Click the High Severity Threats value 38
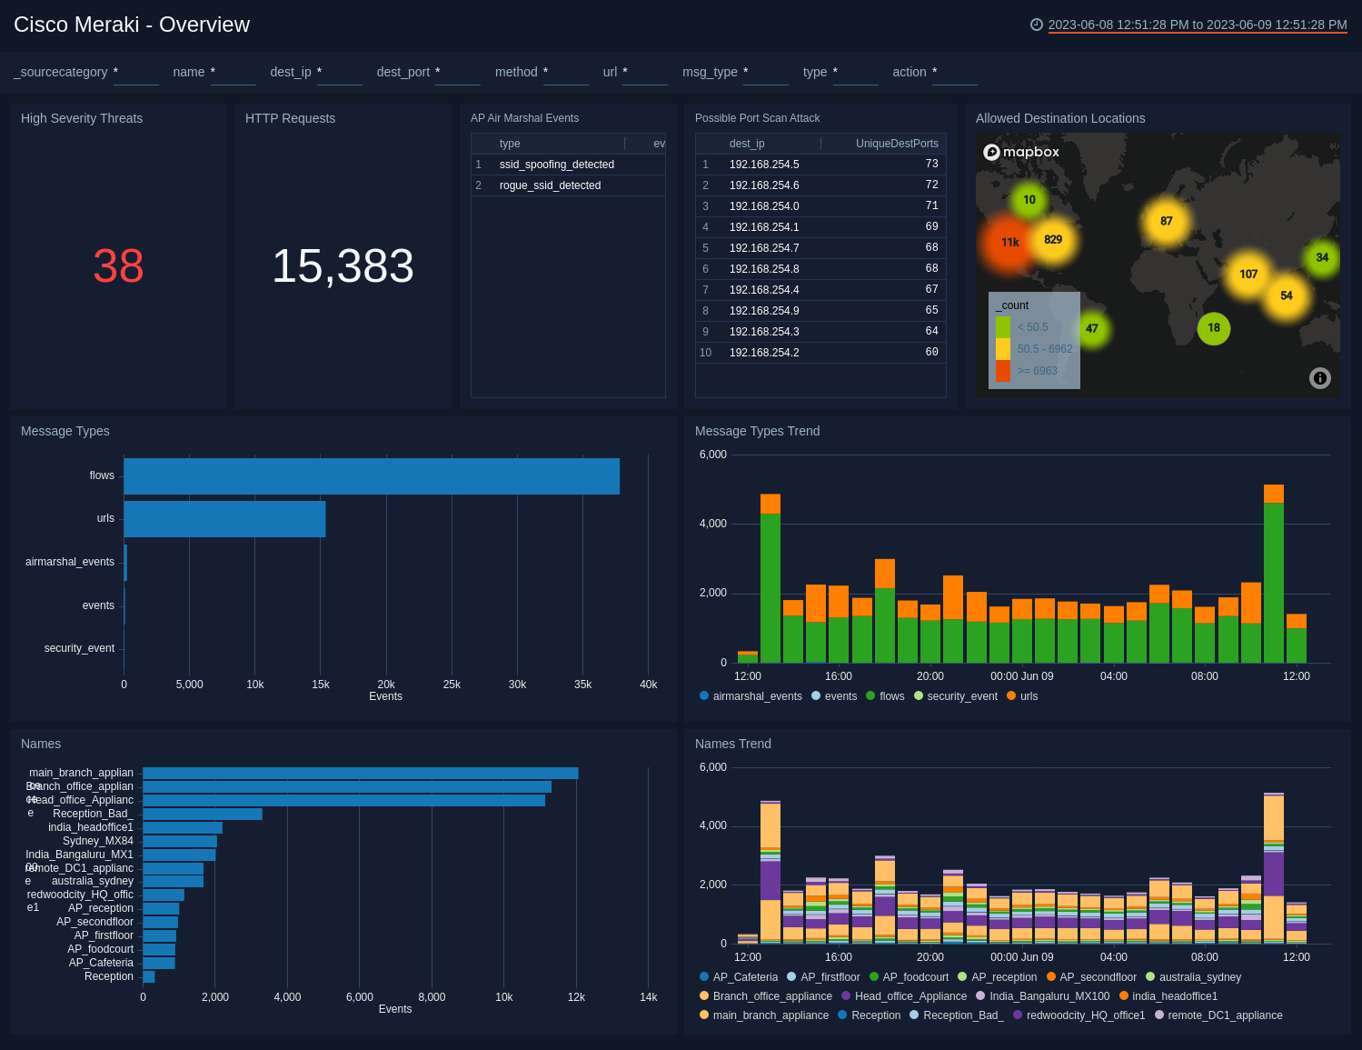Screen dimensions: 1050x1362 coord(118,266)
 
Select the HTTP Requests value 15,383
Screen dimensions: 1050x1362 coord(343,266)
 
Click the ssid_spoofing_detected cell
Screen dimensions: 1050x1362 coord(556,165)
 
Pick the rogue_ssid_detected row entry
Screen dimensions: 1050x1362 coord(550,185)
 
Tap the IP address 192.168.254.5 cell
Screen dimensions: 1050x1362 coord(764,165)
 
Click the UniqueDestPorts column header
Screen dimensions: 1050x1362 coord(896,144)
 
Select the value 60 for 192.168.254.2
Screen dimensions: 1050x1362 coord(931,352)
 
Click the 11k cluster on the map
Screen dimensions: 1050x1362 coord(1009,243)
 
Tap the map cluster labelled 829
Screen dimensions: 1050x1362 coord(1053,240)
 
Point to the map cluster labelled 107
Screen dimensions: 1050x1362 coord(1248,274)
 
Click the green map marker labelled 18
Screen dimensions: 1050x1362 coord(1214,328)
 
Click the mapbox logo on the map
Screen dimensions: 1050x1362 coord(1021,152)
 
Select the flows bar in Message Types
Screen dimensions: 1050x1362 coord(372,476)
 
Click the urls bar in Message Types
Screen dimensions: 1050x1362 coord(224,519)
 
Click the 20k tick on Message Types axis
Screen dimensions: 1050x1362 coord(386,685)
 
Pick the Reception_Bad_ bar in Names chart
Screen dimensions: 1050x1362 coord(202,814)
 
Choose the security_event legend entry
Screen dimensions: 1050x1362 coord(961,696)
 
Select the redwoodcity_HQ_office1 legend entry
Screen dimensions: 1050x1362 coord(1085,1015)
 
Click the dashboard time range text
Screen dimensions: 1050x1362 coord(1197,25)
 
